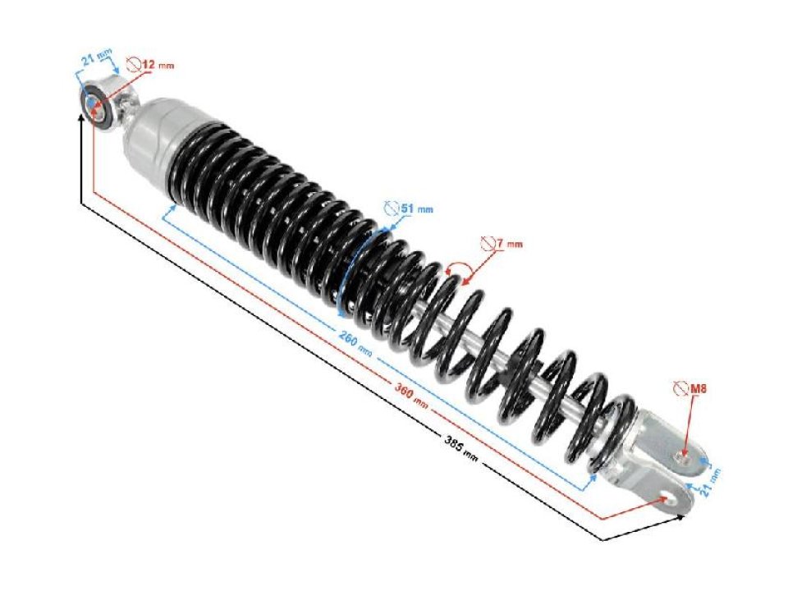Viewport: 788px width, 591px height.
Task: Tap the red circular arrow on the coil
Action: point(456,272)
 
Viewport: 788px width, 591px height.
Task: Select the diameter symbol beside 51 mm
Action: point(392,208)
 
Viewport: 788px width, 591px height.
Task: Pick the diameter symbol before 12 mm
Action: point(133,63)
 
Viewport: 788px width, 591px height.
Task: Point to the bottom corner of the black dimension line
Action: point(603,539)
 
